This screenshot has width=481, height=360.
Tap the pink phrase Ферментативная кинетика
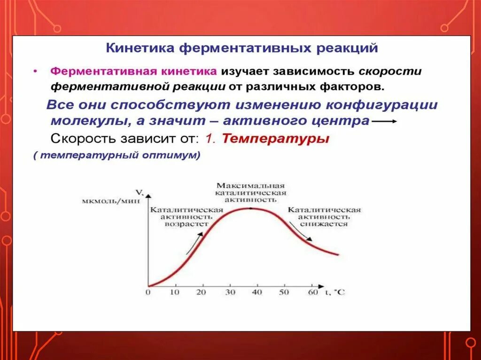point(134,72)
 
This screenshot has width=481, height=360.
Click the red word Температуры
point(275,139)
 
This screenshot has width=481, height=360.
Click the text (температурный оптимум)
point(117,156)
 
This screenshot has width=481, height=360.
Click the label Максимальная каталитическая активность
point(251,192)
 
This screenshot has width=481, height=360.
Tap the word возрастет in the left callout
point(186,224)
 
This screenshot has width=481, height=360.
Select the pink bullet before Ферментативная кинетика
point(35,72)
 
